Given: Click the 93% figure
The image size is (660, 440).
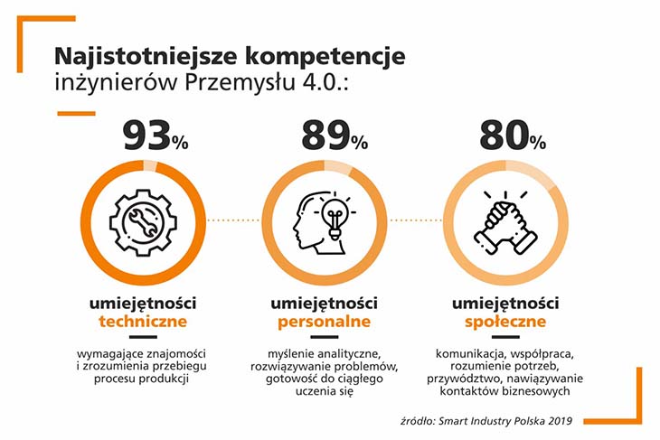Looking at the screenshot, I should tap(156, 136).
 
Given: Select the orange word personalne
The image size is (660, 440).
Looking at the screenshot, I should tap(323, 321).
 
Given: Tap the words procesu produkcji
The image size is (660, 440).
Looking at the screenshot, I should tap(145, 379).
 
